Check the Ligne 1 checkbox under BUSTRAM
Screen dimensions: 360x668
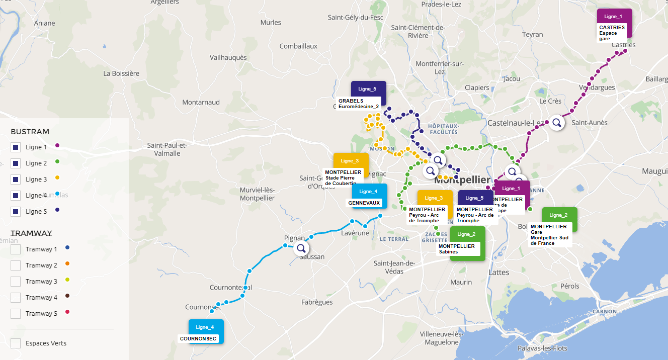pos(16,147)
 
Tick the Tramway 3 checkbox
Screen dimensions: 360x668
pos(16,281)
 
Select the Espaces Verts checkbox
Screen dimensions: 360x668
pos(16,343)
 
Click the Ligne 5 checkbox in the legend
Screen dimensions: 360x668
pos(16,212)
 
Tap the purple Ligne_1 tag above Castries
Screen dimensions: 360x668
pos(614,17)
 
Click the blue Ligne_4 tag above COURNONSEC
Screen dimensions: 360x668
pos(205,327)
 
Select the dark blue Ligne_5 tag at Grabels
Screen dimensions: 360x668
pos(368,88)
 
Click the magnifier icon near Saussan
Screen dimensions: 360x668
pos(301,248)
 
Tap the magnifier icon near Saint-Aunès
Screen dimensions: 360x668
pos(556,122)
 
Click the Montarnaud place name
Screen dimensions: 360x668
pos(201,102)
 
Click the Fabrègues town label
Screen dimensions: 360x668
pos(317,302)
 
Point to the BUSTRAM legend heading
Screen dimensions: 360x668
pos(30,132)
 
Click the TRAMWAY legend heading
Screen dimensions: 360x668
pos(31,233)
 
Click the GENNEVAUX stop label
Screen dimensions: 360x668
pos(364,203)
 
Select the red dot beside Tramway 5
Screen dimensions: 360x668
pos(67,313)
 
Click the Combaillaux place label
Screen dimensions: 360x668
pos(298,46)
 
